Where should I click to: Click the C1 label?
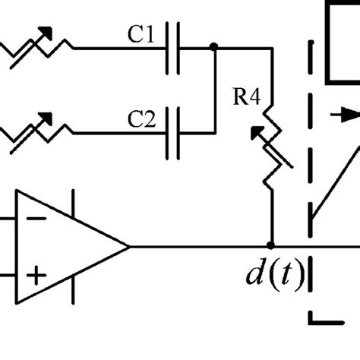(141, 33)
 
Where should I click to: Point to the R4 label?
(245, 96)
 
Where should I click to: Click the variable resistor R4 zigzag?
(270, 147)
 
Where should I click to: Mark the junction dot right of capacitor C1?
(213, 47)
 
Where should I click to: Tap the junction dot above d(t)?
(271, 245)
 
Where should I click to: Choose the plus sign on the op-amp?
(33, 274)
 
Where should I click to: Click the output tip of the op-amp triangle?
(129, 246)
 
